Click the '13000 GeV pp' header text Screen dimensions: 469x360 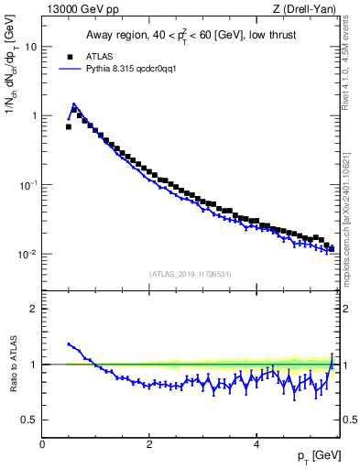[78, 10]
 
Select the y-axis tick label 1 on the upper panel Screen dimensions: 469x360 [35, 115]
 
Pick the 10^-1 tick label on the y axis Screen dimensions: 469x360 [29, 184]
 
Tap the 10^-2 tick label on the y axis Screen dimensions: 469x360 [29, 254]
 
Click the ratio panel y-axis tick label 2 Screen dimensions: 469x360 [35, 309]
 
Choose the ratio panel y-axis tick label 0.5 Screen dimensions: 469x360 [31, 420]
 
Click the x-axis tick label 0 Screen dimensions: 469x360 [42, 443]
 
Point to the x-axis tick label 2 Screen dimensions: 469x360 [148, 443]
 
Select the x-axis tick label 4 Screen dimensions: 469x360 [256, 443]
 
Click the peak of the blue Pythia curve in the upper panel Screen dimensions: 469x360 [73, 104]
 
